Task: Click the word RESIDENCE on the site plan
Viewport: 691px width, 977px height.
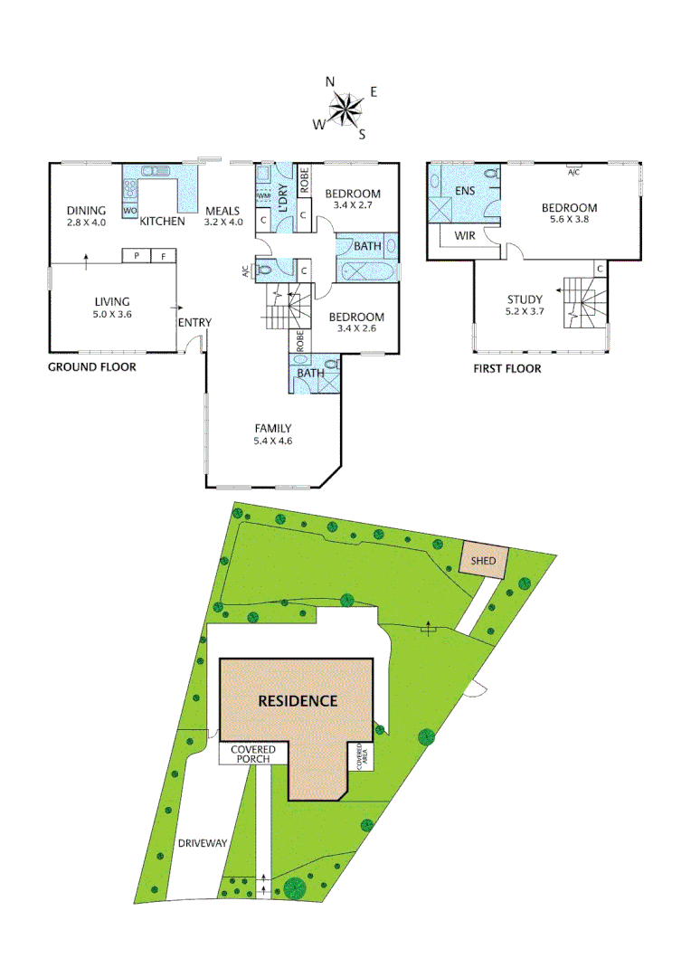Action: (298, 701)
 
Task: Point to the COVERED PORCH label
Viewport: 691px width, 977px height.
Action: (253, 754)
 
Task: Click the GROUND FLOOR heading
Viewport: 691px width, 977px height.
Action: (91, 367)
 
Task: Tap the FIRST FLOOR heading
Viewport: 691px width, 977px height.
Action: (507, 368)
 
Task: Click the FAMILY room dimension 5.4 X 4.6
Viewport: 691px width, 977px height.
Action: (273, 441)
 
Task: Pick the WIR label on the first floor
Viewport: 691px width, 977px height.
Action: (464, 235)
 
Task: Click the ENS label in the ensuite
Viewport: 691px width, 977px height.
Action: (465, 191)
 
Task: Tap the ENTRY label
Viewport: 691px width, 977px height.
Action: (194, 323)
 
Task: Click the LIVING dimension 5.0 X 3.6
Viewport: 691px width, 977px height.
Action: (112, 315)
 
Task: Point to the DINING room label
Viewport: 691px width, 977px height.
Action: (87, 211)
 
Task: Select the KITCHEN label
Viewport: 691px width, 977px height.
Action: (162, 221)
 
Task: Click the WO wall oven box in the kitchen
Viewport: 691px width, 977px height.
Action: (129, 211)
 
